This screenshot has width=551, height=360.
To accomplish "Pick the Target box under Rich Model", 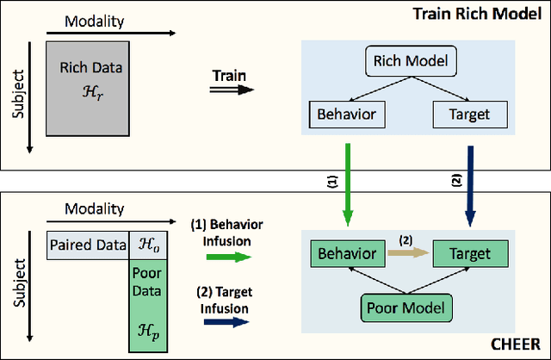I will tap(469, 113).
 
